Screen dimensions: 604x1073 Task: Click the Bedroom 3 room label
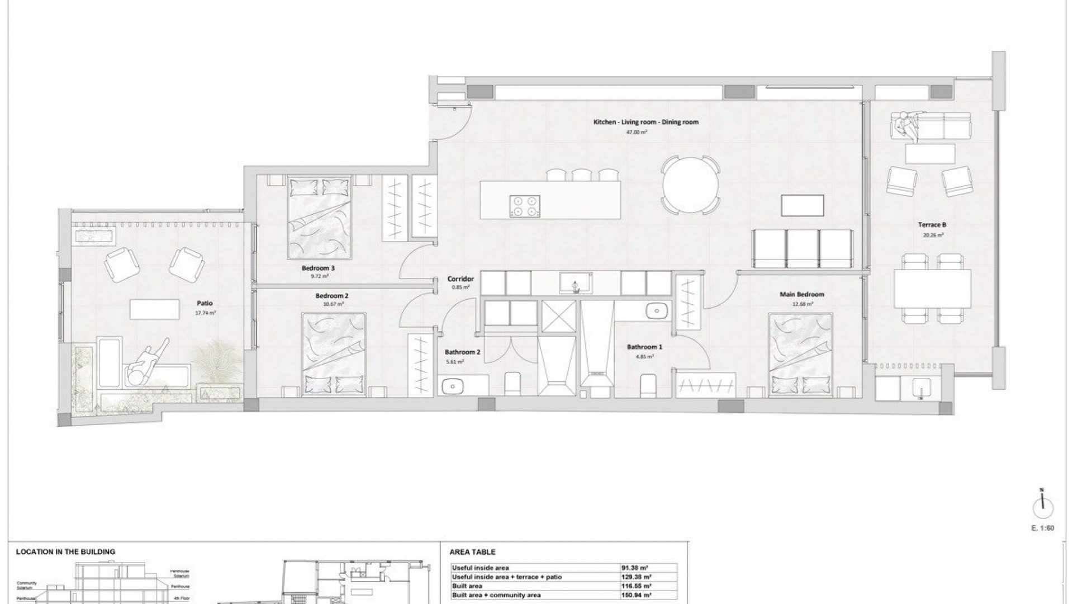[x=317, y=268]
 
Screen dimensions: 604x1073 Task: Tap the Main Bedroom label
[x=802, y=294]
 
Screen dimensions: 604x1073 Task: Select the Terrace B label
[x=932, y=225]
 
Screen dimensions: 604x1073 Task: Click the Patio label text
[x=205, y=303]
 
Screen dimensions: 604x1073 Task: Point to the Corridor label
[x=460, y=279]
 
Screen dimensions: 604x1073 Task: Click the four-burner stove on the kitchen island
[x=525, y=205]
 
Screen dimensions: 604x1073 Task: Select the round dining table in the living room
[x=690, y=185]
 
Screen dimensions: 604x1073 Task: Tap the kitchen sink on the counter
[x=576, y=283]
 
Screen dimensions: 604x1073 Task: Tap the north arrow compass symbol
[x=1042, y=508]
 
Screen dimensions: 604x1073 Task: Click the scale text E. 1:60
[x=1042, y=528]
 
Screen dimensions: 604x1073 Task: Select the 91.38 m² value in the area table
[x=635, y=568]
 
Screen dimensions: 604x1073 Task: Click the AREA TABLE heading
[x=472, y=552]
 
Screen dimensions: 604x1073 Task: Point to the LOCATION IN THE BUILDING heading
[x=65, y=552]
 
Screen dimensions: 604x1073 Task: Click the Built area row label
[x=467, y=586]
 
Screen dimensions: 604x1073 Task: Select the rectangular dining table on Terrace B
[x=932, y=289]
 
